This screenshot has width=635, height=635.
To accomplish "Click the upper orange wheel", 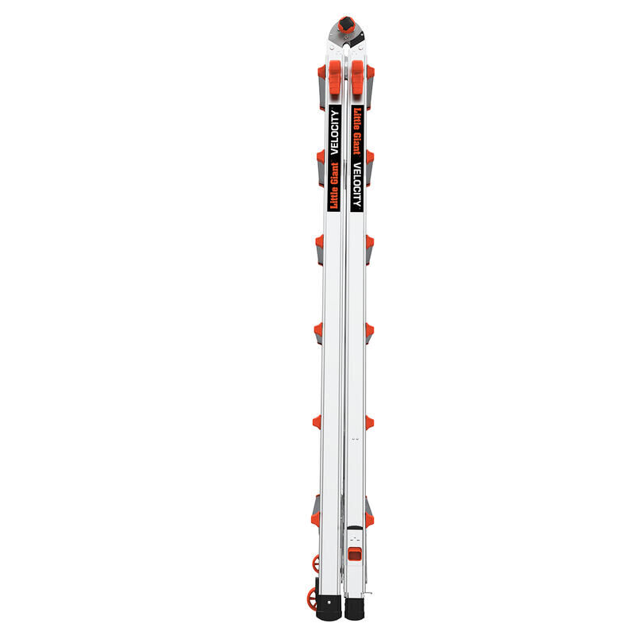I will click(317, 564).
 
